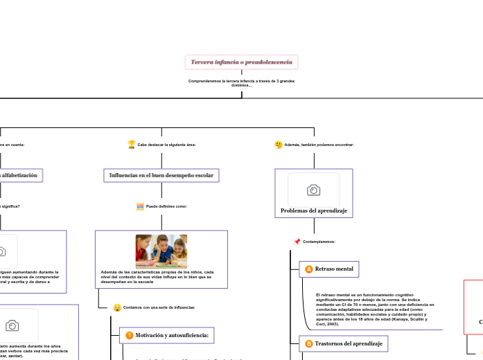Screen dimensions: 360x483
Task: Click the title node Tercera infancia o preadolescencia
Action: (241, 62)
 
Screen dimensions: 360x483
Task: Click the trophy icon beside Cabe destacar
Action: (132, 145)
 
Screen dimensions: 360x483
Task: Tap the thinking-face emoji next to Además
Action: (279, 145)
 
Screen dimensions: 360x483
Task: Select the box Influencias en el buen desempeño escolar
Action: (161, 175)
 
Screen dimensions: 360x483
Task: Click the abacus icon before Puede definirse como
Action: (140, 206)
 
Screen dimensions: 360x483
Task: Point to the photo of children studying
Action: (161, 251)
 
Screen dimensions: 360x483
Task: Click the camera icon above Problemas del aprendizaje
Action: (313, 190)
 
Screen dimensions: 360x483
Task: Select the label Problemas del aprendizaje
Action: (314, 210)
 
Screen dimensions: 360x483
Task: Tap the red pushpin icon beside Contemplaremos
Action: (297, 242)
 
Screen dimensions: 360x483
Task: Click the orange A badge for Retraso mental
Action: (309, 269)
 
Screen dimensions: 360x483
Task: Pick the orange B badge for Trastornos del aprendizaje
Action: (309, 343)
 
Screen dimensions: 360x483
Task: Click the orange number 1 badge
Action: (129, 336)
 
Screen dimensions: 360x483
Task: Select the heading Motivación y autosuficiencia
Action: (172, 336)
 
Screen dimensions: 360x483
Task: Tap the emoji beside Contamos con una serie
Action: (117, 307)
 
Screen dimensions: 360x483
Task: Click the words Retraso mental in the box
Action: (334, 269)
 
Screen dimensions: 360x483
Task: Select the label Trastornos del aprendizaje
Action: (348, 343)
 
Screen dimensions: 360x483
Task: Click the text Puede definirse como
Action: (166, 206)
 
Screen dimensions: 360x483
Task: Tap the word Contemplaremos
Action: (319, 242)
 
